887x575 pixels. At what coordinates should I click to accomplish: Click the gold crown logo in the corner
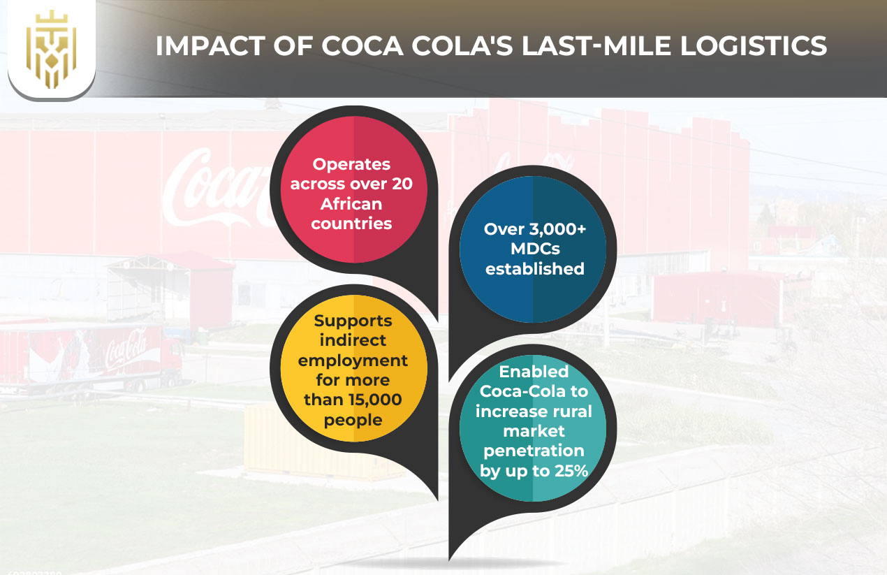tap(51, 49)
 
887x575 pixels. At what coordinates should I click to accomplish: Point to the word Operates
tap(351, 165)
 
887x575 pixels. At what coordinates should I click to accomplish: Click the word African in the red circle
tap(351, 204)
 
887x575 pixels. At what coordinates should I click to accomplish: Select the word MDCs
tap(534, 249)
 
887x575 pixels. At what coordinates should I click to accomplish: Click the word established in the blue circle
tap(534, 268)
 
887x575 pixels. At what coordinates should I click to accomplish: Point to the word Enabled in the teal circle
tap(534, 372)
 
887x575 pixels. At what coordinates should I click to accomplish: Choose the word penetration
tap(534, 451)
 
